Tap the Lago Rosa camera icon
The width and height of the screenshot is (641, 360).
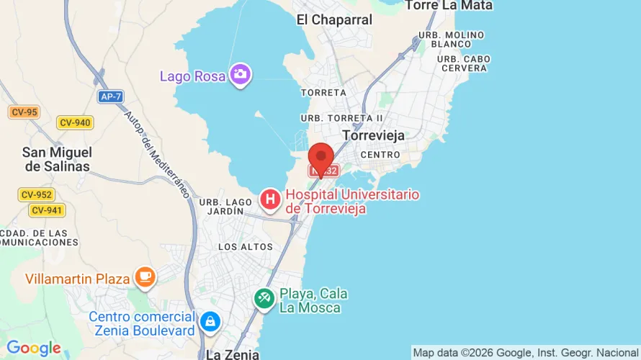pos(240,73)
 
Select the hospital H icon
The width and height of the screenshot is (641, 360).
pos(270,199)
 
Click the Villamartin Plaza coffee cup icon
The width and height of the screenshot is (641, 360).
pos(145,277)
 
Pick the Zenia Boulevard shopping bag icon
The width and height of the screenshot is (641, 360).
pos(210,321)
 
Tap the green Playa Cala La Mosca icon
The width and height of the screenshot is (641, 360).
pos(264,298)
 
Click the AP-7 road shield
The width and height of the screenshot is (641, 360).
pos(110,96)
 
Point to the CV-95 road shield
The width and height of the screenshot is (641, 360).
pos(24,112)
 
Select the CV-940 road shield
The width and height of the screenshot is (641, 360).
pos(75,122)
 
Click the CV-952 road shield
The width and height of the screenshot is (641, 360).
pos(37,194)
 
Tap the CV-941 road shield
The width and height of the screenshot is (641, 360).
pos(47,210)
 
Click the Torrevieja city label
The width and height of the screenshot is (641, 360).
pos(374,135)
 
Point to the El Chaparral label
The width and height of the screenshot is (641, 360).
pos(334,20)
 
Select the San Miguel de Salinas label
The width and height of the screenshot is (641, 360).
pos(57,159)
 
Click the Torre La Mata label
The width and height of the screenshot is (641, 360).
pos(449,6)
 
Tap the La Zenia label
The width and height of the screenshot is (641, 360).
pos(232,354)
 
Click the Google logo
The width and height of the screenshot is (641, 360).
pos(34,348)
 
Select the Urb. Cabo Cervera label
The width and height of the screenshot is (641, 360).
pos(464,63)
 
